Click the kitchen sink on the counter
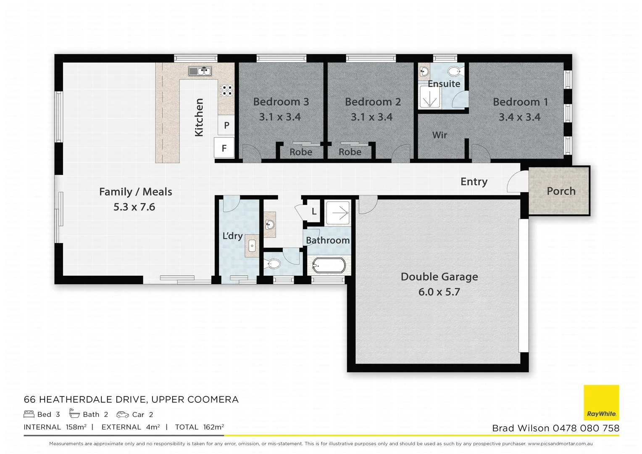click(x=200, y=71)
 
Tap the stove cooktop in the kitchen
click(x=226, y=90)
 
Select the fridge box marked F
click(x=224, y=148)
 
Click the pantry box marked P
click(x=226, y=125)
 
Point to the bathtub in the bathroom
click(x=329, y=265)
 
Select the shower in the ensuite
click(x=429, y=100)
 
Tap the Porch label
click(x=561, y=191)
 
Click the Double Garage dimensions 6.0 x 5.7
click(x=439, y=292)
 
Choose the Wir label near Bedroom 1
click(x=439, y=135)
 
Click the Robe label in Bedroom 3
click(x=301, y=152)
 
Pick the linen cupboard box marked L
click(x=314, y=212)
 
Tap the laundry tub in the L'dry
click(x=252, y=246)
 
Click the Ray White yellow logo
click(x=601, y=402)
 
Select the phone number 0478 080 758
click(x=586, y=428)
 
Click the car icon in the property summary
click(x=123, y=414)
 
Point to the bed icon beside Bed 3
click(x=29, y=414)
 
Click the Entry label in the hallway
click(x=474, y=182)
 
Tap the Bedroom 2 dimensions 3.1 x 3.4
click(x=372, y=117)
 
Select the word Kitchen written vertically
click(x=199, y=117)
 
